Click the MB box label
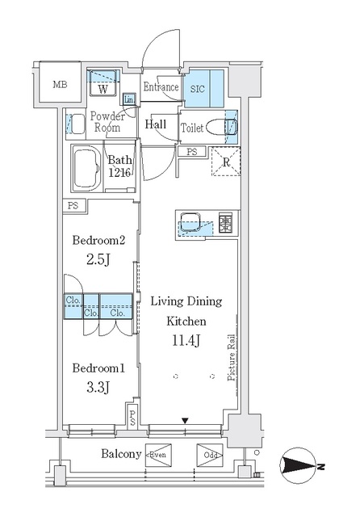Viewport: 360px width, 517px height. pyautogui.click(x=60, y=84)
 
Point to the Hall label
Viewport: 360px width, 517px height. pyautogui.click(x=156, y=125)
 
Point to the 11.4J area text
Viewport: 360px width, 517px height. pyautogui.click(x=186, y=339)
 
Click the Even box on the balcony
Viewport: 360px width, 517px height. pyautogui.click(x=157, y=454)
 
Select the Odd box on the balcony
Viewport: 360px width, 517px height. pyautogui.click(x=208, y=454)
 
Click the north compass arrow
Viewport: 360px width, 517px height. pyautogui.click(x=302, y=467)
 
